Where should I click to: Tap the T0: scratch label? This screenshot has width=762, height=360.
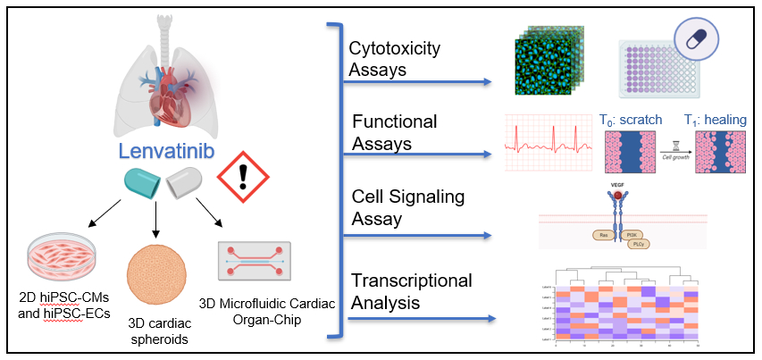[x=633, y=118]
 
